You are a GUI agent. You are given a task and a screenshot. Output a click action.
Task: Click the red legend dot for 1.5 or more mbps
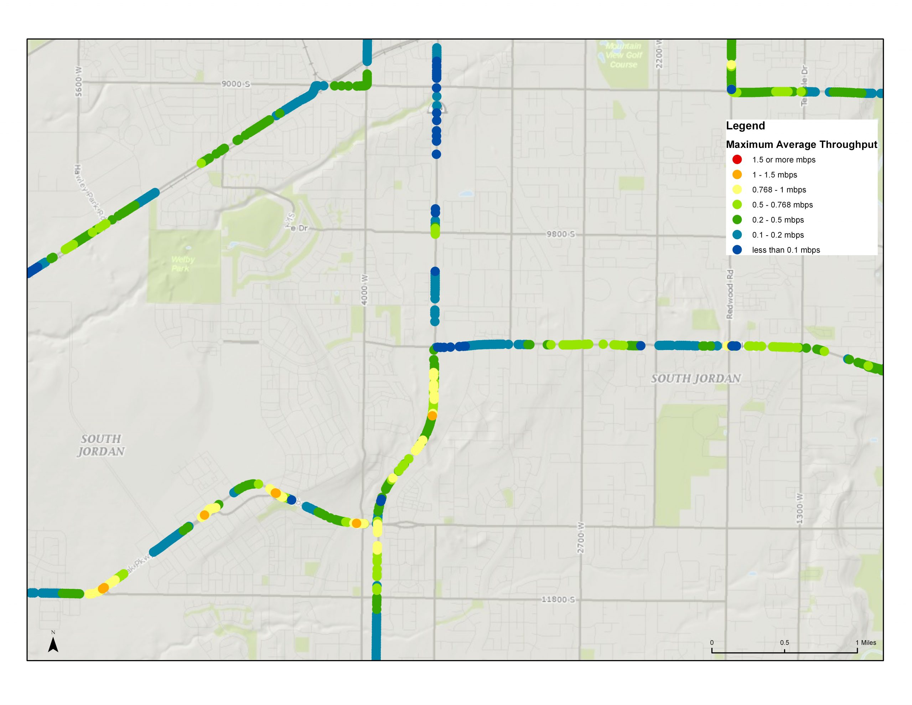pos(737,160)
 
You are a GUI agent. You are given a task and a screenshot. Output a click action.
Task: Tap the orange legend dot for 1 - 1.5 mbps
pos(737,175)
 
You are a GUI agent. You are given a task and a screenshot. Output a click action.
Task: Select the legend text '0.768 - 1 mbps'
pos(779,190)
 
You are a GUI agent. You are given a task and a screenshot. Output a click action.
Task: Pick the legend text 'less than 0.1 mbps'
pos(786,250)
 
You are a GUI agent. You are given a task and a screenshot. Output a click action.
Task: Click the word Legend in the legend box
pos(745,126)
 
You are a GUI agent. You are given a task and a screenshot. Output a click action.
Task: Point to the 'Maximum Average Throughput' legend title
pos(801,145)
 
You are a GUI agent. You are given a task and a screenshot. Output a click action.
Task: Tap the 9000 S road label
pos(235,84)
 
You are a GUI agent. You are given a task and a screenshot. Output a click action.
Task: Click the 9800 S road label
pos(561,234)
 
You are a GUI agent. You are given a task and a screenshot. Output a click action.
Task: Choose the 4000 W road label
pos(364,290)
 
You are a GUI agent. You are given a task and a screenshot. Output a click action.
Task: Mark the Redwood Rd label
pos(730,294)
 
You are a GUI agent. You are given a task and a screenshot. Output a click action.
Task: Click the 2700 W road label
pos(581,537)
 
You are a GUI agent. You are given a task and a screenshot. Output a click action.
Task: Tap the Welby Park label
pos(182,264)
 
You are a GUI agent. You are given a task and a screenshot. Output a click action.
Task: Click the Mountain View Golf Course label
pos(623,55)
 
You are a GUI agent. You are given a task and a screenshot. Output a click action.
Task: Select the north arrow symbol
pos(53,645)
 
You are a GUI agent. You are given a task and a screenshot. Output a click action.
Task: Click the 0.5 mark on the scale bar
pos(784,643)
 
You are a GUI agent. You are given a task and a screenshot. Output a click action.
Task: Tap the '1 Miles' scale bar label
pos(866,643)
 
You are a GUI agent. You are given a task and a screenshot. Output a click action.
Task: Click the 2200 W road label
pos(659,54)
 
